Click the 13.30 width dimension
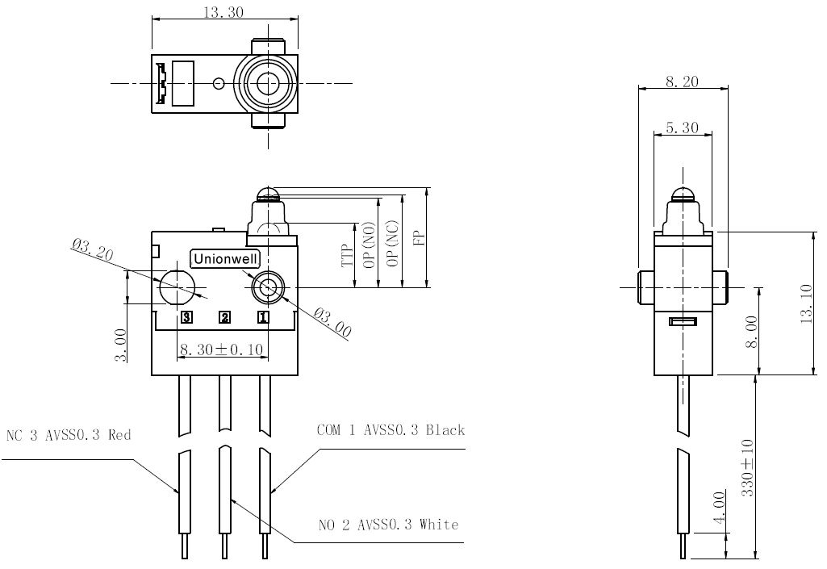[223, 11]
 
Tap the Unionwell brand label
[226, 258]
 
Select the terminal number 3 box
[186, 317]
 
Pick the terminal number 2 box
[224, 317]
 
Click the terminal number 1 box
[263, 317]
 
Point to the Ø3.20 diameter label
[93, 250]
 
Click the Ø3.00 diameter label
[332, 322]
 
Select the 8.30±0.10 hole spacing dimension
[222, 349]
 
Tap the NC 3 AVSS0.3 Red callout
[68, 436]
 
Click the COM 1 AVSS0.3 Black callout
[391, 430]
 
